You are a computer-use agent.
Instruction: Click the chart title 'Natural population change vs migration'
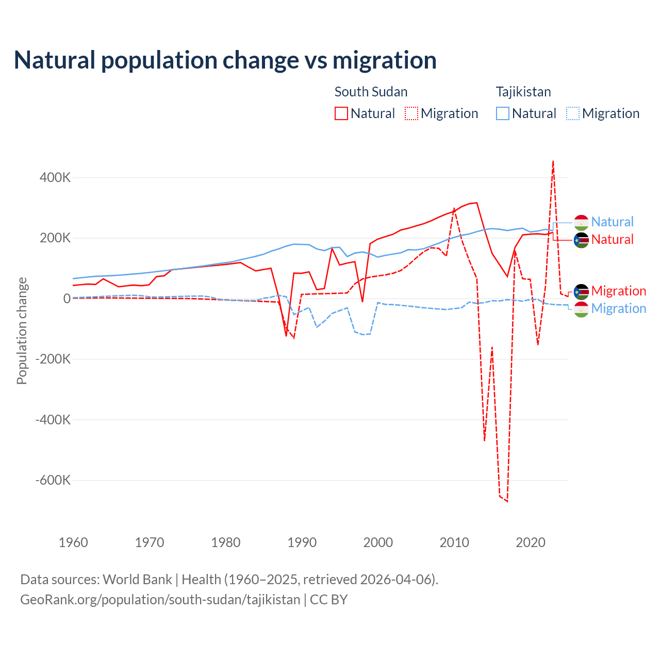tap(225, 60)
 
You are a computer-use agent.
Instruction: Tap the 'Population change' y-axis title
tap(22, 331)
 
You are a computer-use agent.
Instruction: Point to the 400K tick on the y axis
tap(55, 178)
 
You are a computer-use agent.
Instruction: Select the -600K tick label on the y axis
tap(53, 481)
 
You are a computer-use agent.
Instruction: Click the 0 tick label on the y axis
tap(67, 299)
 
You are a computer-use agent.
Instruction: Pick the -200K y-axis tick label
tap(53, 359)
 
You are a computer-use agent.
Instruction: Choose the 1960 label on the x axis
tap(73, 542)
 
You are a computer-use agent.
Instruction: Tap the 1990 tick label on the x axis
tap(302, 542)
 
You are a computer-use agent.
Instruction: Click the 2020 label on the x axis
tap(531, 542)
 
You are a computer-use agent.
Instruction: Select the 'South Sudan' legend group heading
tap(371, 92)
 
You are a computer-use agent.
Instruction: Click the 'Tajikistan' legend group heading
tap(523, 92)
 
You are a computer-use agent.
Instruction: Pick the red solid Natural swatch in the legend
tap(341, 113)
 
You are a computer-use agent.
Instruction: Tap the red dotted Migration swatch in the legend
tap(411, 113)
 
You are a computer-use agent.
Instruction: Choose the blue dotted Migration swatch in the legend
tap(573, 113)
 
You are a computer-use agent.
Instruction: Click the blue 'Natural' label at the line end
tap(612, 222)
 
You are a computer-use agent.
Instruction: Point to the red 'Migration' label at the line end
tap(618, 291)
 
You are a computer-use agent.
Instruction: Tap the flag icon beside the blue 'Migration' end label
tap(581, 309)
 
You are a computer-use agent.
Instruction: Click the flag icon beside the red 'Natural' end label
tap(581, 240)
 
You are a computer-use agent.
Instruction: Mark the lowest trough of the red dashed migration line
tap(507, 501)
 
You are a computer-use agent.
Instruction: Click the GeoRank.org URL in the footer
tap(160, 600)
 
